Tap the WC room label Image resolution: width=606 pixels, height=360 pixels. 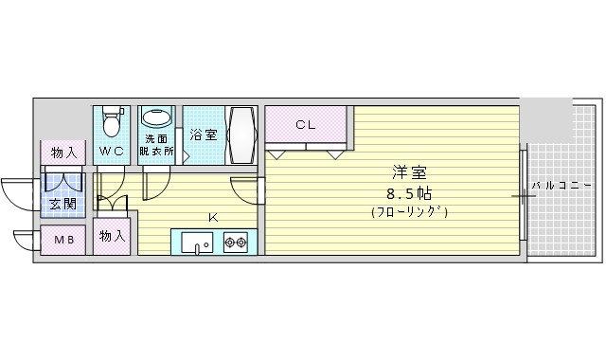[x=112, y=152]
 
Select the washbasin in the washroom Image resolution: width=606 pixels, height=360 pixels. [x=157, y=117]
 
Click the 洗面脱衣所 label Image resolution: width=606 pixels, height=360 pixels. [x=156, y=145]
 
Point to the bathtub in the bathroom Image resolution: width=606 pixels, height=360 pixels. [x=241, y=135]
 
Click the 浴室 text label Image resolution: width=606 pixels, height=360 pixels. [x=204, y=135]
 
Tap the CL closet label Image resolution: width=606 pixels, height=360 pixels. [x=305, y=125]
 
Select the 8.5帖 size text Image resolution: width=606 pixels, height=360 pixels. [x=409, y=193]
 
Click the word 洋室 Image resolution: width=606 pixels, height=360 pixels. [x=409, y=172]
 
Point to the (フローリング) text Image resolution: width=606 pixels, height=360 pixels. [x=409, y=212]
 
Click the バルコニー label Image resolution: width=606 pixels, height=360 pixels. [x=561, y=186]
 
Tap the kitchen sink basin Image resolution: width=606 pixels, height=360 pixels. [x=197, y=243]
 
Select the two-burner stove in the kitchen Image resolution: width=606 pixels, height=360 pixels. [x=236, y=243]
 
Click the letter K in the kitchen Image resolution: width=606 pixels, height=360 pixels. [x=213, y=218]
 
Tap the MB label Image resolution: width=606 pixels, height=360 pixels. [x=63, y=240]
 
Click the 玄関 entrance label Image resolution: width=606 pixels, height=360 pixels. [x=63, y=204]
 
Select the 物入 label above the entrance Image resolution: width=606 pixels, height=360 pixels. [x=63, y=153]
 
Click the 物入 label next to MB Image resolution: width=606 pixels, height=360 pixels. [x=112, y=236]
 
